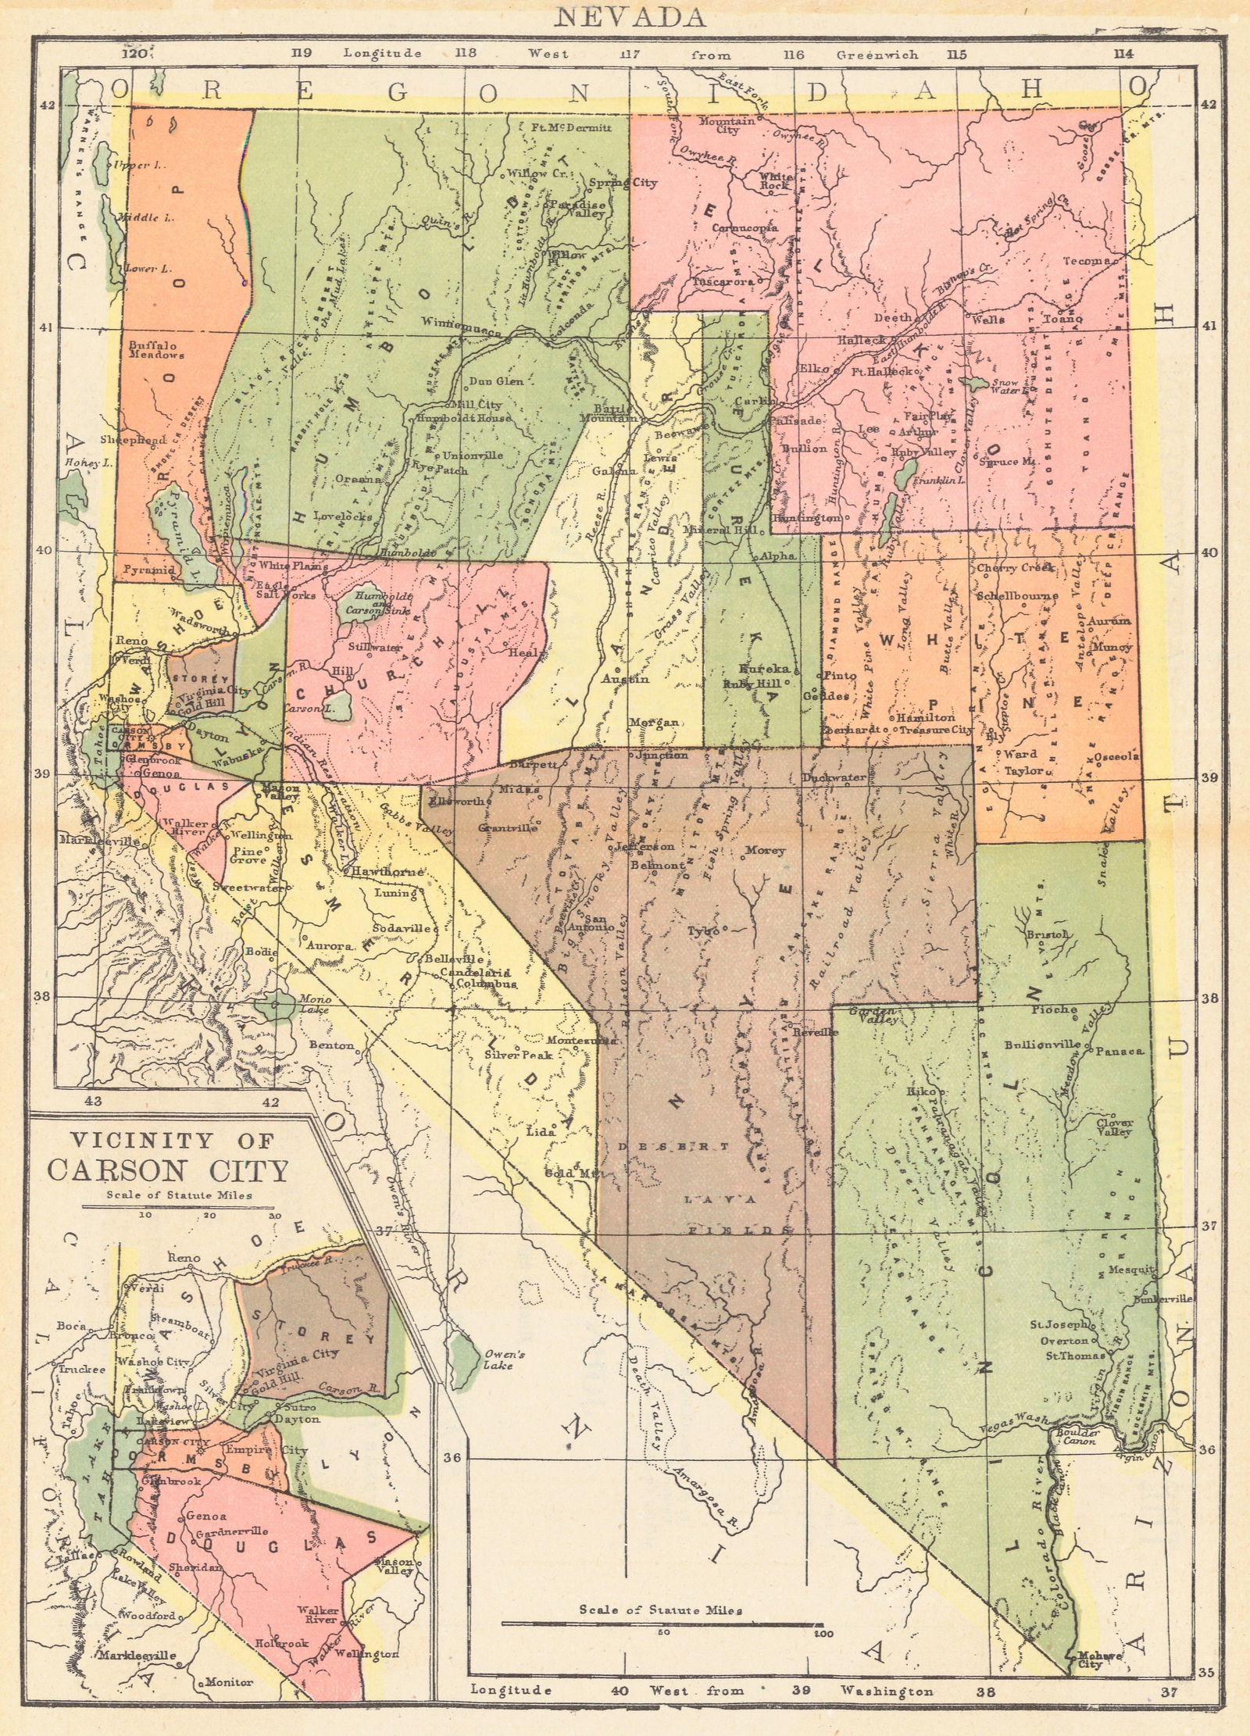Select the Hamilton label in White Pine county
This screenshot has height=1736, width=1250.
pos(927,716)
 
